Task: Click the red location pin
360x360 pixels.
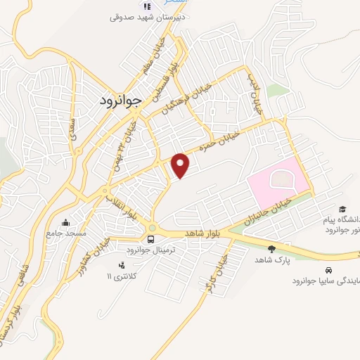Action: [x=181, y=165]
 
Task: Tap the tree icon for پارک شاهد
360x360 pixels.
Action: [x=271, y=248]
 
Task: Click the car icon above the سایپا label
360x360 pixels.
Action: [x=328, y=269]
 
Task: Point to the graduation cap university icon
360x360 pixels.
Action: [x=342, y=209]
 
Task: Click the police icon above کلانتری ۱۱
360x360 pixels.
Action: [x=121, y=265]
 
